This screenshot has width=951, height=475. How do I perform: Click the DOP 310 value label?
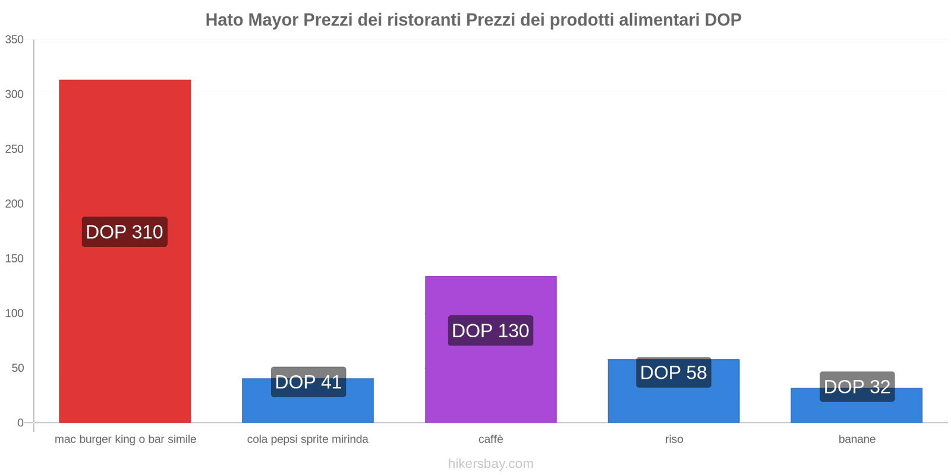coord(124,232)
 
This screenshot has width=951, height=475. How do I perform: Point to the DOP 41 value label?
coord(308,382)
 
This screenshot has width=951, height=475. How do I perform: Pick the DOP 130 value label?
coord(490,331)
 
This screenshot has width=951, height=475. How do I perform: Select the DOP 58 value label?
coord(673,372)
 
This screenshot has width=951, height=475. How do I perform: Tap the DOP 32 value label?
coord(856,387)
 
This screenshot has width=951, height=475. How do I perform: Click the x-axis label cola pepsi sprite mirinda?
coord(307,439)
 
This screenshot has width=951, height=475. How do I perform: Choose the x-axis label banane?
coord(856,439)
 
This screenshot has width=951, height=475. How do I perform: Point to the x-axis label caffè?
coord(490,439)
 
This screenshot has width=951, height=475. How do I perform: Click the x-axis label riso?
coord(674,439)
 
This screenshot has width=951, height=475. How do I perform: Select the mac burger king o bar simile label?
coord(125,439)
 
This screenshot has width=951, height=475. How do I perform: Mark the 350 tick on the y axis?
coord(14,40)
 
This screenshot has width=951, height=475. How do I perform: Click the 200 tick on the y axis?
coord(14,204)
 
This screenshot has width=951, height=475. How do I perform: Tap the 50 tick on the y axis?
coord(17,368)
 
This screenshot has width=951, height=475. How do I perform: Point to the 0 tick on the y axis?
coord(20,423)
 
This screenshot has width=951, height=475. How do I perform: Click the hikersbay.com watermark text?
coord(490,464)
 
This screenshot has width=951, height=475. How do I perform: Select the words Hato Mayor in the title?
coord(252,20)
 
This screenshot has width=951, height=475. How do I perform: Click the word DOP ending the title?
coord(723,20)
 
